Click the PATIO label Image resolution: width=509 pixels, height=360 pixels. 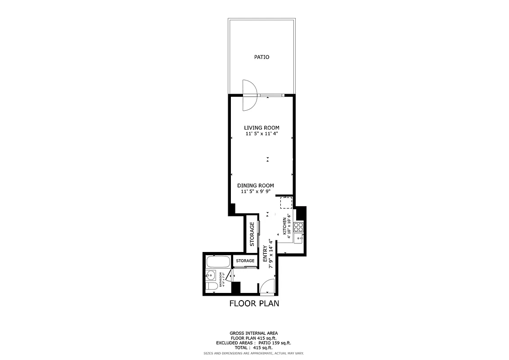coord(261,57)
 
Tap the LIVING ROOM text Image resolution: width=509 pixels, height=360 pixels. coord(261,128)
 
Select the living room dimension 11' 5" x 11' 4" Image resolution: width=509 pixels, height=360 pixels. coord(261,134)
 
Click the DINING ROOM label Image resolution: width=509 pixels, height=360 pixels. coord(256,185)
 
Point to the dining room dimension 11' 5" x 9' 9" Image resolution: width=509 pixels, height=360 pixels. coord(256,191)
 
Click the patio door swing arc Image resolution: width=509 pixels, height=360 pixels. coord(250,95)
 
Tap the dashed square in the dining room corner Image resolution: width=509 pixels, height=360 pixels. coord(286,203)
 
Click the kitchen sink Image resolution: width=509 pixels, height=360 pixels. coord(298,238)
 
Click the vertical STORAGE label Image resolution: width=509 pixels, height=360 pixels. coord(252,234)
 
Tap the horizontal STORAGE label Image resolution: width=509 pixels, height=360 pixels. coord(245,261)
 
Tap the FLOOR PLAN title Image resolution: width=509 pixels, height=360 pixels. coord(254,303)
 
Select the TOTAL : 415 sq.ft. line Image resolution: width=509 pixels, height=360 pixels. coord(254,348)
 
